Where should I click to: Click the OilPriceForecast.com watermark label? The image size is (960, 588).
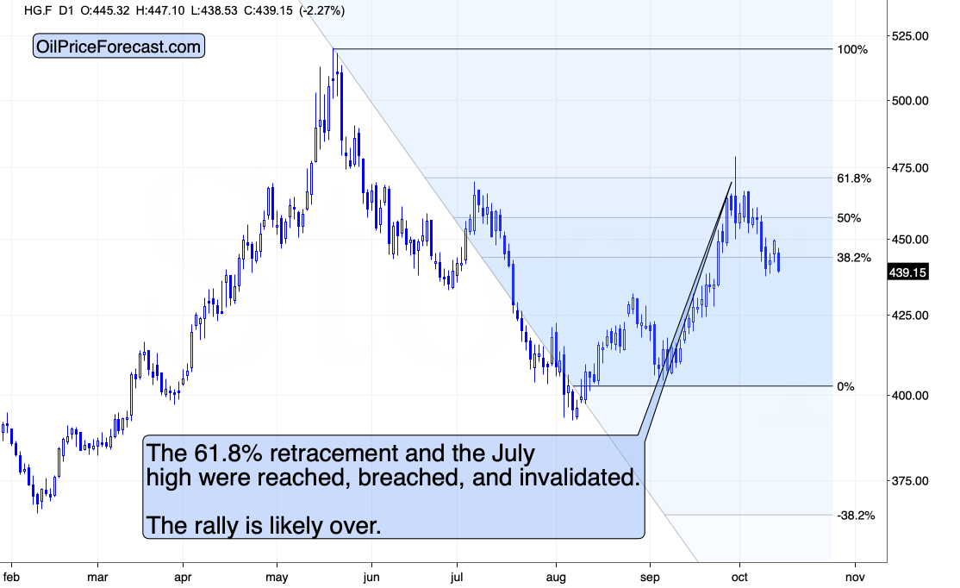119,47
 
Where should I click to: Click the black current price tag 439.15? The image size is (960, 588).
908,272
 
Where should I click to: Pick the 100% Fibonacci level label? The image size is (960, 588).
851,50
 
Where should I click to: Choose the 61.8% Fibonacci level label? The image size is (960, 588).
854,178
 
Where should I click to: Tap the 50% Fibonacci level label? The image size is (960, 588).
849,218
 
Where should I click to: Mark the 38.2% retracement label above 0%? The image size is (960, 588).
854,257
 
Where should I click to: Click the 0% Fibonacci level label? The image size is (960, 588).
845,387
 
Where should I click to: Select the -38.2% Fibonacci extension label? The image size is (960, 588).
856,516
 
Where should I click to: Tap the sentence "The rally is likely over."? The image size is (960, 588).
264,524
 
